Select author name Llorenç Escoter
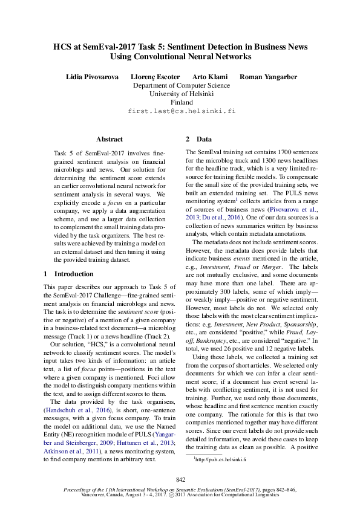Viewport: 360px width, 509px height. pos(155,77)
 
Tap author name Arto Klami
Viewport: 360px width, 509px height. pos(210,77)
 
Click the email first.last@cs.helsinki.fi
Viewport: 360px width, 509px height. pos(181,111)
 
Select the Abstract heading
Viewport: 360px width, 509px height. pos(110,139)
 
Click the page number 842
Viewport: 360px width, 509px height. pos(180,479)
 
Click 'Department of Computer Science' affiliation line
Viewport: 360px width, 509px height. pos(181,85)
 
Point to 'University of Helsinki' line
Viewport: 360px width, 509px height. pos(181,94)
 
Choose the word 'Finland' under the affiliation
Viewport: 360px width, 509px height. pos(181,102)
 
